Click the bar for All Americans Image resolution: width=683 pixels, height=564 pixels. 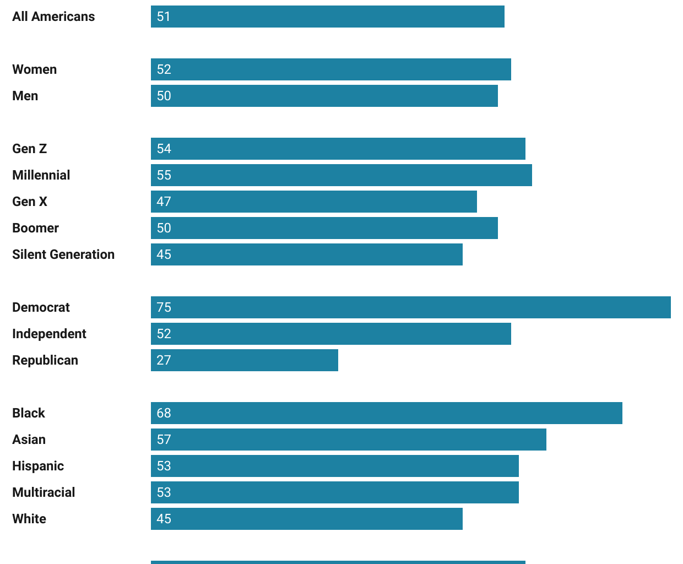(327, 17)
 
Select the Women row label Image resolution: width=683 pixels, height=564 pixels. (34, 69)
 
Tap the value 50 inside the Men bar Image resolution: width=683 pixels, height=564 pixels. (164, 96)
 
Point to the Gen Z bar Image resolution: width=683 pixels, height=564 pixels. (338, 149)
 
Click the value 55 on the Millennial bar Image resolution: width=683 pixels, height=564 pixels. (164, 175)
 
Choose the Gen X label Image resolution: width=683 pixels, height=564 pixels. (30, 202)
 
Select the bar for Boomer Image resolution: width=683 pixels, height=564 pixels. (324, 228)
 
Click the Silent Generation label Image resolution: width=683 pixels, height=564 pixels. (63, 254)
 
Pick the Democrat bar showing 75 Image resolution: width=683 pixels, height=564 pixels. (410, 307)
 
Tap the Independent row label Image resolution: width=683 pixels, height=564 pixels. (49, 334)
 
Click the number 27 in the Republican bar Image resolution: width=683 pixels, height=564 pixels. (164, 360)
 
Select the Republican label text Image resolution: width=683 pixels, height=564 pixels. (45, 360)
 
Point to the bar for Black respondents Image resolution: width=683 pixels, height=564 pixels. (386, 413)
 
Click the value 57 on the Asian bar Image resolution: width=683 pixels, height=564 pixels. (164, 440)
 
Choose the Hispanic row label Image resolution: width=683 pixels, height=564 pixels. (38, 466)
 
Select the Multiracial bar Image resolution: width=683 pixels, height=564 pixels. (334, 492)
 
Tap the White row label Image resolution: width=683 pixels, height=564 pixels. (29, 519)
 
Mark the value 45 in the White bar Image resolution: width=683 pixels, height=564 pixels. (164, 519)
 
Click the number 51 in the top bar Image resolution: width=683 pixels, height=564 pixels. (164, 17)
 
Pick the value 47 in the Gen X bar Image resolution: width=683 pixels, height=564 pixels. (164, 202)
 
